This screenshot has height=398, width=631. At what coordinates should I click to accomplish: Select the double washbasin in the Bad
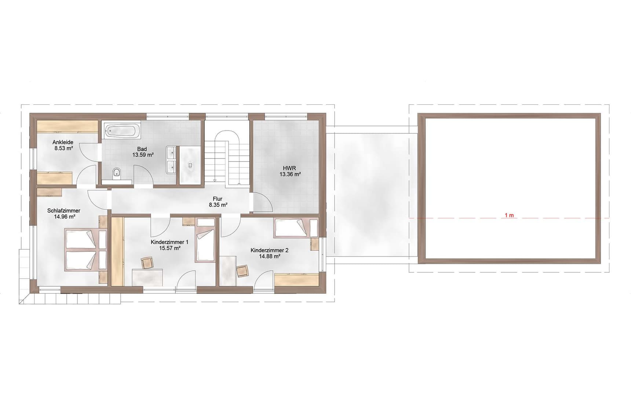(171, 160)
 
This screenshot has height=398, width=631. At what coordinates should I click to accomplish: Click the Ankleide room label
(63, 142)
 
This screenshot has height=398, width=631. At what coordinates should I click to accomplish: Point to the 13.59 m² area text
(143, 155)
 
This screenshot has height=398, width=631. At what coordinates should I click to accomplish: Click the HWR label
(289, 168)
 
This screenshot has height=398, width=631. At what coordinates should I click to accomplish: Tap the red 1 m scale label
(509, 215)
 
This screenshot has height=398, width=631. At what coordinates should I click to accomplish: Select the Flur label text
(218, 199)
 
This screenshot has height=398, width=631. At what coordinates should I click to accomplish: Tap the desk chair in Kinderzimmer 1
(147, 263)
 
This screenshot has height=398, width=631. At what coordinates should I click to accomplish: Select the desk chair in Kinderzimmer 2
(242, 271)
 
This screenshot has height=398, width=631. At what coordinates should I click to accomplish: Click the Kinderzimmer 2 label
(270, 250)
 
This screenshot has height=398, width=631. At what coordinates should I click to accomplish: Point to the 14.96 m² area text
(65, 217)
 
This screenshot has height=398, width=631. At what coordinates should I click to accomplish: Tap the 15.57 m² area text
(169, 248)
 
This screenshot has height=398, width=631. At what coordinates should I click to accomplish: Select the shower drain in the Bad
(190, 165)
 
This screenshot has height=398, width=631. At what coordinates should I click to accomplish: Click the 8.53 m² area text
(63, 148)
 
